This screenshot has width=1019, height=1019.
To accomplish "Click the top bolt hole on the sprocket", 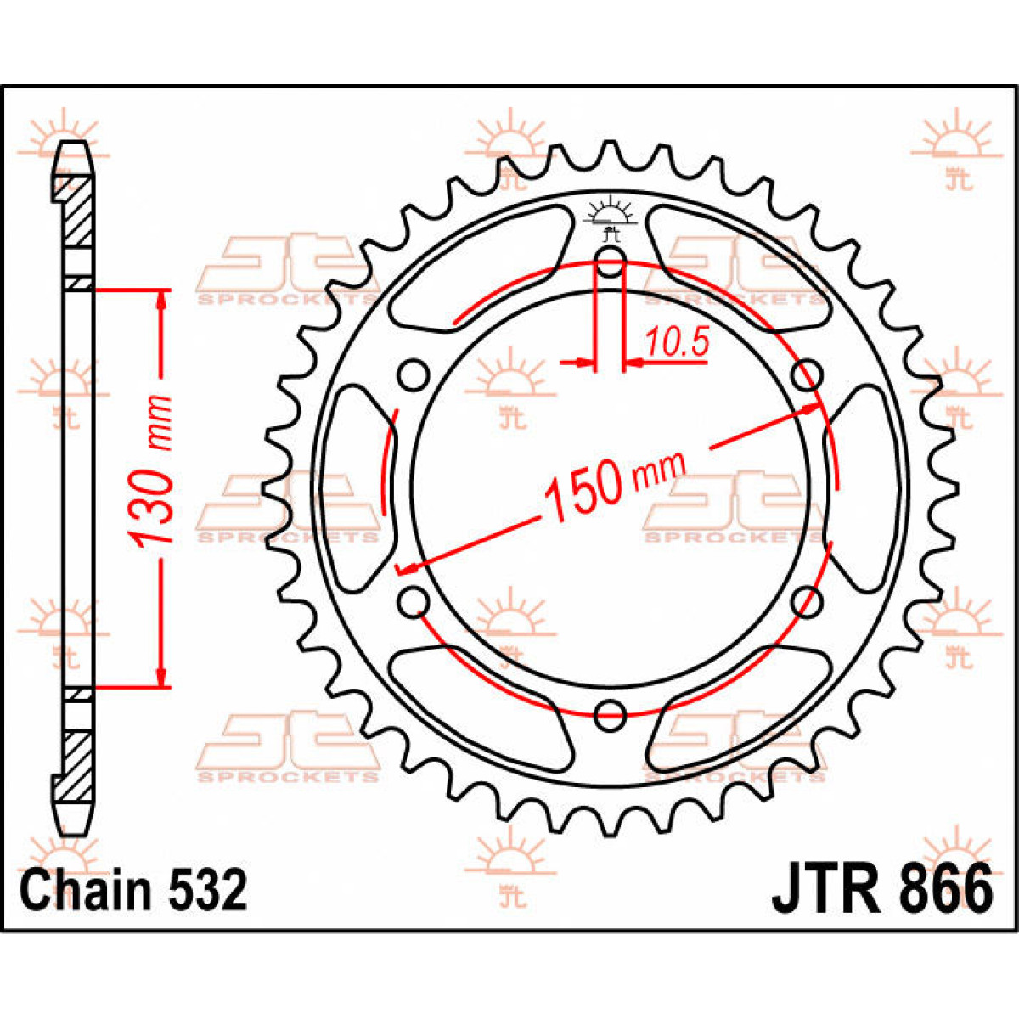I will tap(610, 263).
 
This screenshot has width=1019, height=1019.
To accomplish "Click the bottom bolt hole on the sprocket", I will tap(610, 715).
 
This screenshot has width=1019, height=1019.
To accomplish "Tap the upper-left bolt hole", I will tap(414, 374).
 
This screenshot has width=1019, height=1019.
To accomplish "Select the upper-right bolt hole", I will tap(807, 374).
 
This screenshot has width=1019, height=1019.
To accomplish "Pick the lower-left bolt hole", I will tap(414, 602).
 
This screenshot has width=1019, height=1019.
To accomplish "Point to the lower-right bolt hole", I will tap(807, 602).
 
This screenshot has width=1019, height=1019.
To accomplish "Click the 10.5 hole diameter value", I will tap(676, 343).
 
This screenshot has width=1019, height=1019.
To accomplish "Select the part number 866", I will tap(943, 890).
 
